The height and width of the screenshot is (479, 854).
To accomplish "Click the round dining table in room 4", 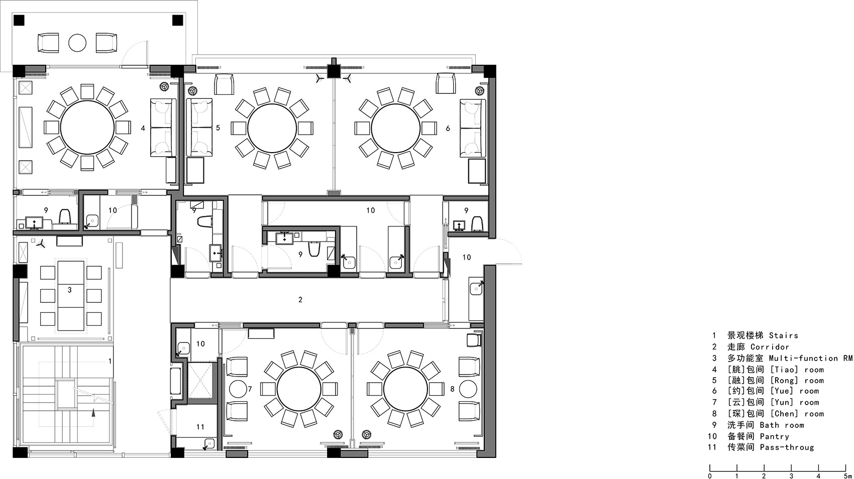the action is (x=87, y=128).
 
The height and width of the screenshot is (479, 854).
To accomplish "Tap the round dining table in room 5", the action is (x=272, y=128).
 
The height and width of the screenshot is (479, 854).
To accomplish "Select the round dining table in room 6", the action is (x=396, y=128).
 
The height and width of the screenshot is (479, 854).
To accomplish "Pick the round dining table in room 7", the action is (x=299, y=390).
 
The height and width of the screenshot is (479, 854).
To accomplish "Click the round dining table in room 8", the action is (x=406, y=390).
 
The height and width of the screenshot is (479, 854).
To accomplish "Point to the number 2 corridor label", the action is (x=300, y=300).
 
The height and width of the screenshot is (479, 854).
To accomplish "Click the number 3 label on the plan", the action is (x=69, y=290).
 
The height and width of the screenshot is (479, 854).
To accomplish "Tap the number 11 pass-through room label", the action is (x=200, y=427).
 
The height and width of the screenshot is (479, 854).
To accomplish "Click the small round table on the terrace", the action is (x=77, y=43).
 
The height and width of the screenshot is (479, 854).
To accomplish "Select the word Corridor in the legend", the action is (x=770, y=347).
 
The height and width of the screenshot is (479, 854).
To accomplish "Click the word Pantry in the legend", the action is (x=774, y=437).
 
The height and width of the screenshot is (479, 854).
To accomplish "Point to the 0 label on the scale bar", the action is (x=709, y=475).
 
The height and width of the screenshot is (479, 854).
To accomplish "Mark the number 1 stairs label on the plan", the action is (x=110, y=361).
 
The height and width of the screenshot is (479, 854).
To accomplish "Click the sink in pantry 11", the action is (x=208, y=444).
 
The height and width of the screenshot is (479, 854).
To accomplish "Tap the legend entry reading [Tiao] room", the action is (x=797, y=370).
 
